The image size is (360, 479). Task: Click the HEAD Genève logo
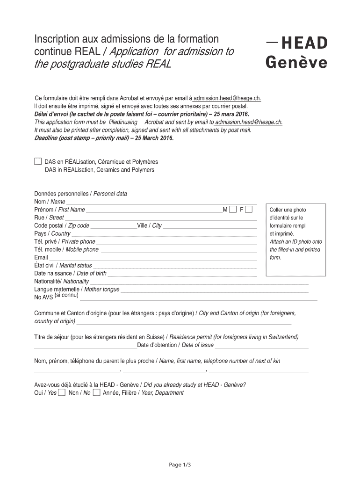tap(296, 52)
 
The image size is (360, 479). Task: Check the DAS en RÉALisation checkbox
tap(38, 161)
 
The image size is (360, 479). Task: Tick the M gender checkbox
tap(233, 209)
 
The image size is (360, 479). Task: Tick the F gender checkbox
tap(249, 209)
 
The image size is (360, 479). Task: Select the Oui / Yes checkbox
tap(62, 392)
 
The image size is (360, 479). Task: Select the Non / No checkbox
tap(96, 392)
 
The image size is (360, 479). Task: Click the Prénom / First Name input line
tap(154, 210)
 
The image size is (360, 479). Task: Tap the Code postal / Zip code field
tap(113, 225)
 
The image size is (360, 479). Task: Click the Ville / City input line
tap(210, 225)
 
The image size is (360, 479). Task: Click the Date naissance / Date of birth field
tap(182, 273)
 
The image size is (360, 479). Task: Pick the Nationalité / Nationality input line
tap(199, 281)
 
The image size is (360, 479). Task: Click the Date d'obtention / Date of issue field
tap(262, 345)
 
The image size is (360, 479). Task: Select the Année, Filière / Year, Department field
tap(247, 393)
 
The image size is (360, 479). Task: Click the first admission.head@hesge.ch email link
tap(227, 98)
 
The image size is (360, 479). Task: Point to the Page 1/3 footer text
tap(180, 464)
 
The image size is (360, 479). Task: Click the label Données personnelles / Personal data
tap(80, 194)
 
